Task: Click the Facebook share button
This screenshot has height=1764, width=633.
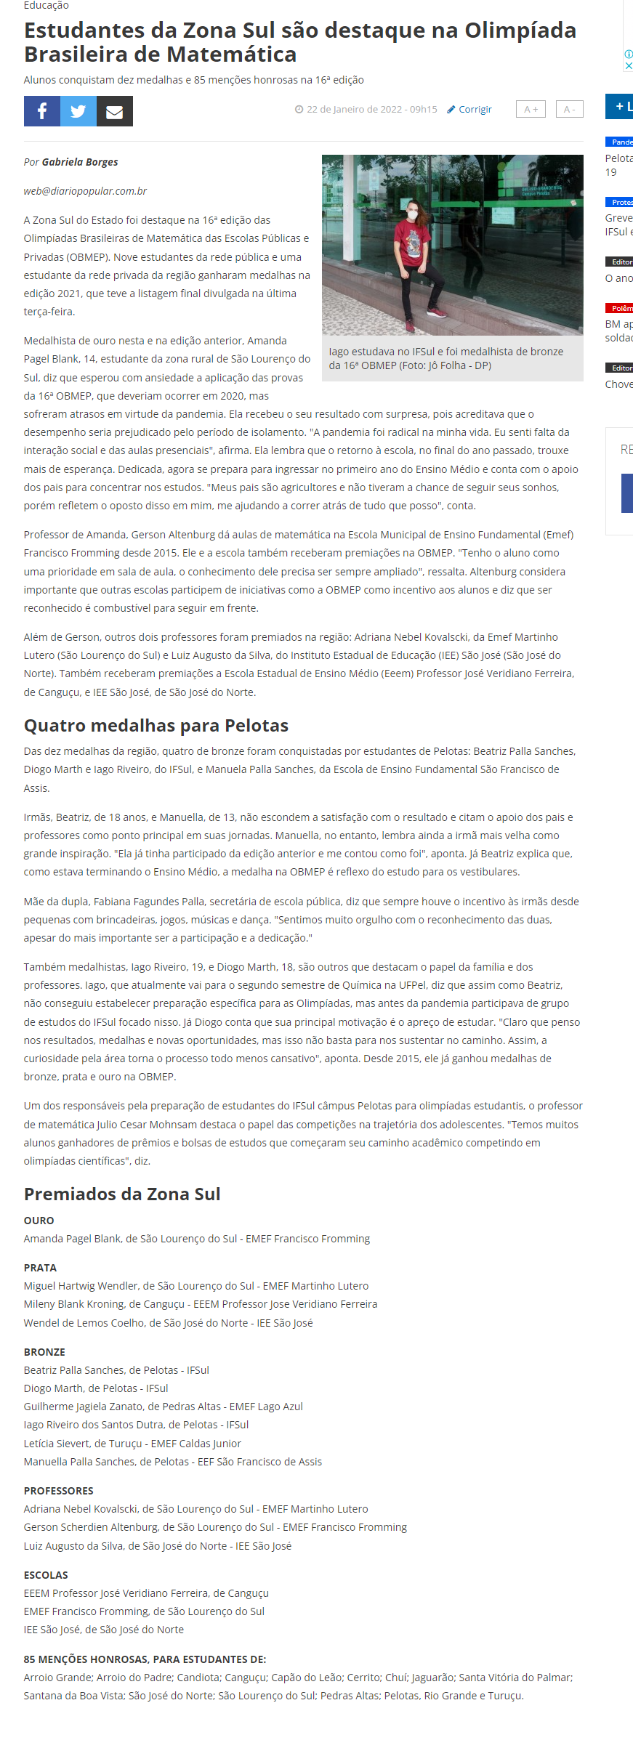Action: pos(42,111)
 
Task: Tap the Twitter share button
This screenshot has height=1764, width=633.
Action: pos(78,111)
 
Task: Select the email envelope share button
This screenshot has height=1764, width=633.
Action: pos(115,111)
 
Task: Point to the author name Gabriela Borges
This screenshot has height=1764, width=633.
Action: pos(80,162)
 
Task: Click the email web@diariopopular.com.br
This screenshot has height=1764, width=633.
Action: pos(85,191)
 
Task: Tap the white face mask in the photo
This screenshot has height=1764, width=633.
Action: pos(413,215)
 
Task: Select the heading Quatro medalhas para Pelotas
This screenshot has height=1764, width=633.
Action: pos(156,725)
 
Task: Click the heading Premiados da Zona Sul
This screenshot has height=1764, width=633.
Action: pos(122,1194)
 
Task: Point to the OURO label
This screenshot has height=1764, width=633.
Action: pos(39,1221)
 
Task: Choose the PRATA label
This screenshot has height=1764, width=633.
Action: pos(40,1268)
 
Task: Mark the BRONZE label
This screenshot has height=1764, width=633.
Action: pos(44,1352)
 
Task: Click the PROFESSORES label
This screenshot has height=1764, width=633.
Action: pos(58,1491)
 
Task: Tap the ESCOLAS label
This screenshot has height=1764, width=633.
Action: pos(46,1575)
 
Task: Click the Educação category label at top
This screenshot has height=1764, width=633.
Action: pos(46,6)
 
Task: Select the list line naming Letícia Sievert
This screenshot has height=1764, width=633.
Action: pos(132,1444)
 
